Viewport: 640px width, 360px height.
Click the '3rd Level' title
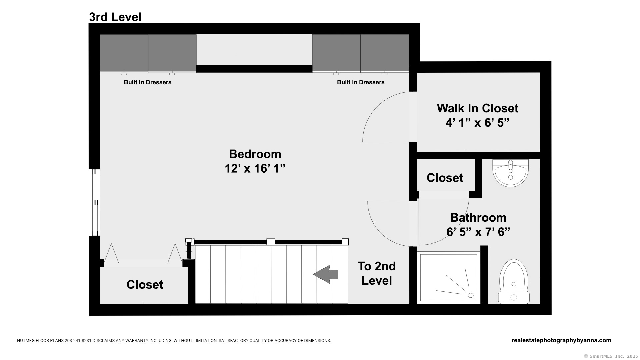115,17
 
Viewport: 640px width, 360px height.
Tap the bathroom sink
510,173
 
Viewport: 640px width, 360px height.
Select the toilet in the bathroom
514,282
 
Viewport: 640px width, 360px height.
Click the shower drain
471,295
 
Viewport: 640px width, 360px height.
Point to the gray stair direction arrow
326,274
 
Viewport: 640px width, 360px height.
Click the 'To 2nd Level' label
377,273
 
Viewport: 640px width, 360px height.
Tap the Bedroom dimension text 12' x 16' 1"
255,169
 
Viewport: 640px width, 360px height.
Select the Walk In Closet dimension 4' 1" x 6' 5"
478,123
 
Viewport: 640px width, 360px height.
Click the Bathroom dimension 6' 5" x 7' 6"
478,232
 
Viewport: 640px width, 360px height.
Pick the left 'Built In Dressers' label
148,82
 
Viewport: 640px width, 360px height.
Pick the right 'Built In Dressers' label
361,82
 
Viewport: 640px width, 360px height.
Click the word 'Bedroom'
255,154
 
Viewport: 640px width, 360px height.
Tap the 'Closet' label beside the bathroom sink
445,178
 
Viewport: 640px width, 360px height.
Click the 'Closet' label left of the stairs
145,284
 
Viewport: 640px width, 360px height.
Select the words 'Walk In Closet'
478,108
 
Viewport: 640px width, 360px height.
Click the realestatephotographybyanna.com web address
561,340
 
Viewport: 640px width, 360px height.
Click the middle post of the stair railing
271,242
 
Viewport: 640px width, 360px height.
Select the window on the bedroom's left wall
96,202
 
